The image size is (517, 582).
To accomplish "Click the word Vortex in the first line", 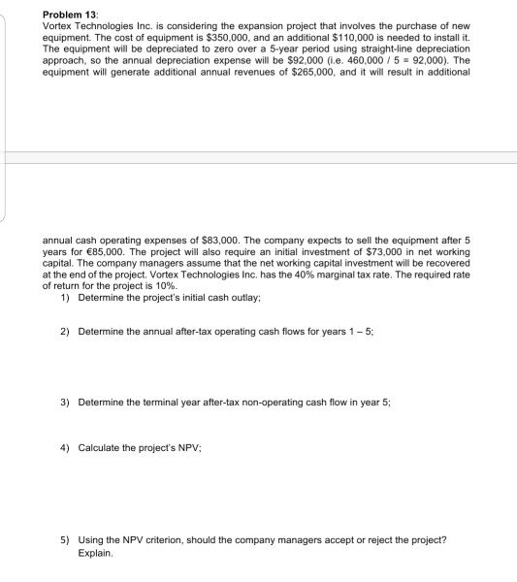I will coord(61,23).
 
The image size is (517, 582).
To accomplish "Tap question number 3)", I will coord(64,402).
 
